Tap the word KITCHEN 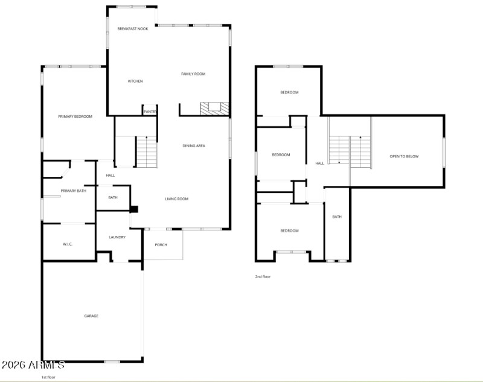(x=135, y=81)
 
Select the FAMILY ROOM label (x=193, y=74)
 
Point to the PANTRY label (x=150, y=112)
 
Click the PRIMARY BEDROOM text (x=75, y=116)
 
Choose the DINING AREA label (x=194, y=145)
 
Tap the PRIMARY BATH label (x=73, y=191)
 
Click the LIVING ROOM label (x=177, y=199)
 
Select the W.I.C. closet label (x=68, y=244)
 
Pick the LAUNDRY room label (x=117, y=237)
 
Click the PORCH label (x=161, y=244)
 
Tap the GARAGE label (x=91, y=316)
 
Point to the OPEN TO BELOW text (x=404, y=156)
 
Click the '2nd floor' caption (x=263, y=276)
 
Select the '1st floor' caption (x=48, y=377)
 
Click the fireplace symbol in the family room (x=215, y=109)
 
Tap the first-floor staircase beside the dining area (x=147, y=152)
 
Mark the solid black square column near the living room (x=135, y=209)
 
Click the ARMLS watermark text (x=33, y=364)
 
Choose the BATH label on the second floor (x=337, y=217)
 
